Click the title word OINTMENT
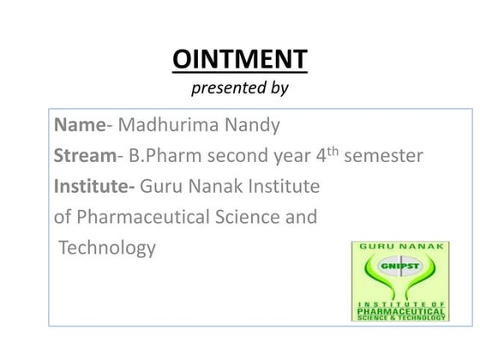click(x=239, y=60)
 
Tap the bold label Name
click(x=80, y=126)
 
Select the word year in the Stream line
click(x=290, y=157)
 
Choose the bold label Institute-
click(x=94, y=186)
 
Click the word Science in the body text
click(x=249, y=217)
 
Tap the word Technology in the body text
click(x=107, y=248)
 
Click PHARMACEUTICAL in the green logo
click(x=400, y=310)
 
